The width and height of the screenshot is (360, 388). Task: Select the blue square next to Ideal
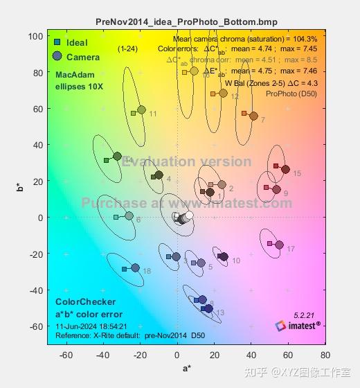pos(57,43)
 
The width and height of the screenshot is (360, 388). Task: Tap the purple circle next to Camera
pos(57,56)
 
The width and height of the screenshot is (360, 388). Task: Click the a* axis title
pos(186,369)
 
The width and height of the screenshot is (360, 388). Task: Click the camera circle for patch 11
pos(141,109)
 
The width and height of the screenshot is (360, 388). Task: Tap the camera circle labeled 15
pos(285,169)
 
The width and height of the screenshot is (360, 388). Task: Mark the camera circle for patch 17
pos(279,245)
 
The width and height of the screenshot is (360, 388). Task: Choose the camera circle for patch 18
pos(135,267)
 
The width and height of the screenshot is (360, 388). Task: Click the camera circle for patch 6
pos(129,216)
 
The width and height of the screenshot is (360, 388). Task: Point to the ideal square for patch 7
pos(244,113)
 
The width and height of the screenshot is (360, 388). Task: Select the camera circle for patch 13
pos(208,308)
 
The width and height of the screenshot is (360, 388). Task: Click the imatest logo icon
pos(280,325)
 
